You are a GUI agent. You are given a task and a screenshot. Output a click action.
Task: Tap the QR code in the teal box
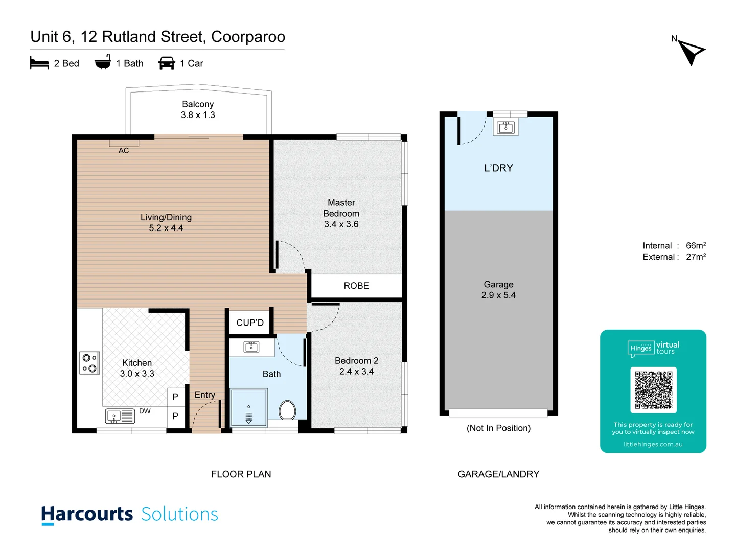tap(653, 389)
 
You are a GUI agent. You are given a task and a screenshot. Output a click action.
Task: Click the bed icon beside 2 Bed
tap(39, 63)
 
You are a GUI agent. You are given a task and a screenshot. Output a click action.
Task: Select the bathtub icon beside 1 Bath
tap(103, 62)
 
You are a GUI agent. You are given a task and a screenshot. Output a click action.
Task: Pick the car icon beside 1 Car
tap(167, 63)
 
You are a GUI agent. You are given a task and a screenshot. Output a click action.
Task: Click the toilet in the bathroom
tap(287, 410)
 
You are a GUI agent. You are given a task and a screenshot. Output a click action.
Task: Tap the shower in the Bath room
tap(249, 407)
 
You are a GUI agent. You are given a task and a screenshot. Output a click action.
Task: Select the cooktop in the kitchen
tap(90, 363)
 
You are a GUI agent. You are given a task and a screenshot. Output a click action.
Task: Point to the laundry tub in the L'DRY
tap(505, 126)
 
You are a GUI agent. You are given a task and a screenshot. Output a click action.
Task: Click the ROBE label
tap(356, 286)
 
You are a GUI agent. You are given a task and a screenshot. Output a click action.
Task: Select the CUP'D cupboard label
tap(250, 323)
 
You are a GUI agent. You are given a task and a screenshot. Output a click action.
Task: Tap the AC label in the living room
tap(124, 150)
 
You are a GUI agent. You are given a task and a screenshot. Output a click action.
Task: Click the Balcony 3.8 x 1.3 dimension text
tap(198, 115)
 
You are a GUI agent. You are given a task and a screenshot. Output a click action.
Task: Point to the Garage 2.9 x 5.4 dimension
tap(498, 295)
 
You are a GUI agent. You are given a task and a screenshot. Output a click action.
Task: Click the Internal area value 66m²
tap(696, 246)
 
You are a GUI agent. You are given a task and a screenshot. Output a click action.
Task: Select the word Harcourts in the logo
tap(87, 514)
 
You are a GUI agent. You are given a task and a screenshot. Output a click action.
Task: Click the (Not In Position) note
tap(498, 428)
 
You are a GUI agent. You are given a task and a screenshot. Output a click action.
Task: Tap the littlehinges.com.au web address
tap(653, 444)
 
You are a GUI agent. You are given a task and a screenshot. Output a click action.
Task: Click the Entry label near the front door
tap(204, 395)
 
